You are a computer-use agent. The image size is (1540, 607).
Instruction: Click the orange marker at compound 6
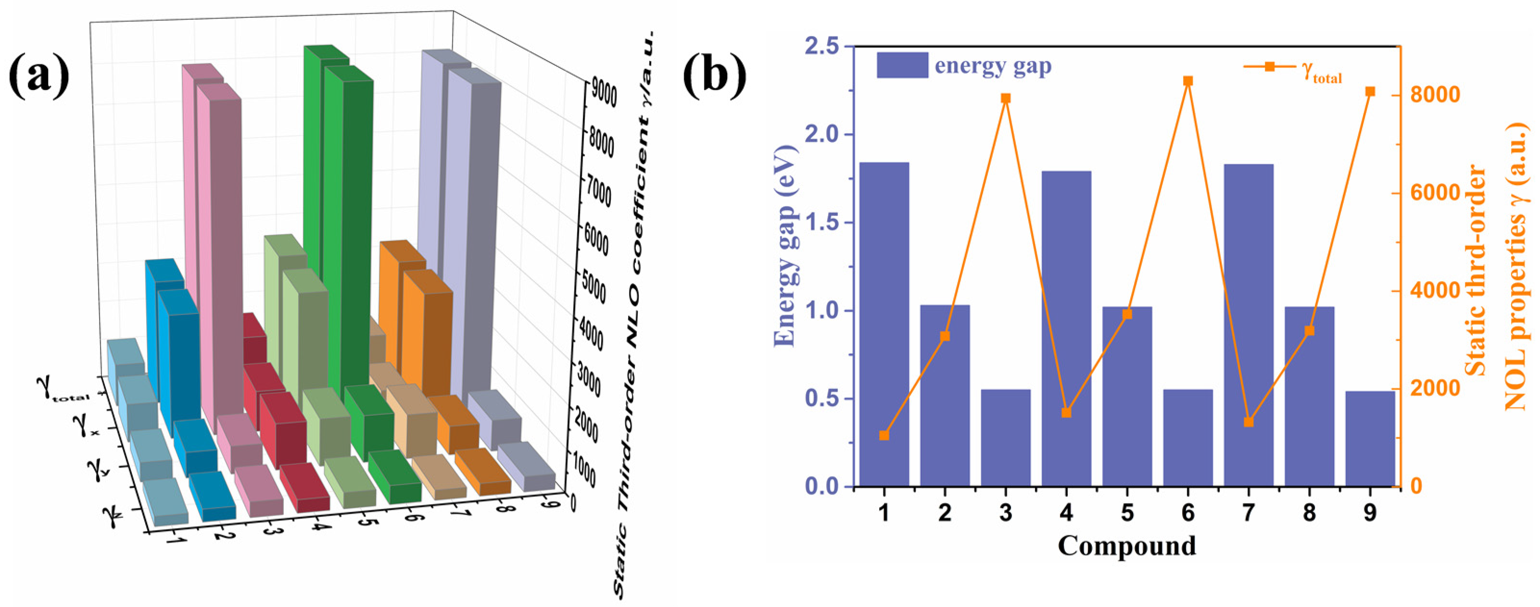click(1188, 81)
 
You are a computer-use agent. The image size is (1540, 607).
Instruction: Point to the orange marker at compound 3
click(1006, 98)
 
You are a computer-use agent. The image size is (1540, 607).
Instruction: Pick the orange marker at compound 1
click(884, 435)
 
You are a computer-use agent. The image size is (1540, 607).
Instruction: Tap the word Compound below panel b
click(1127, 545)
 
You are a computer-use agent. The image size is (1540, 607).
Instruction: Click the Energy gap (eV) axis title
click(785, 245)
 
